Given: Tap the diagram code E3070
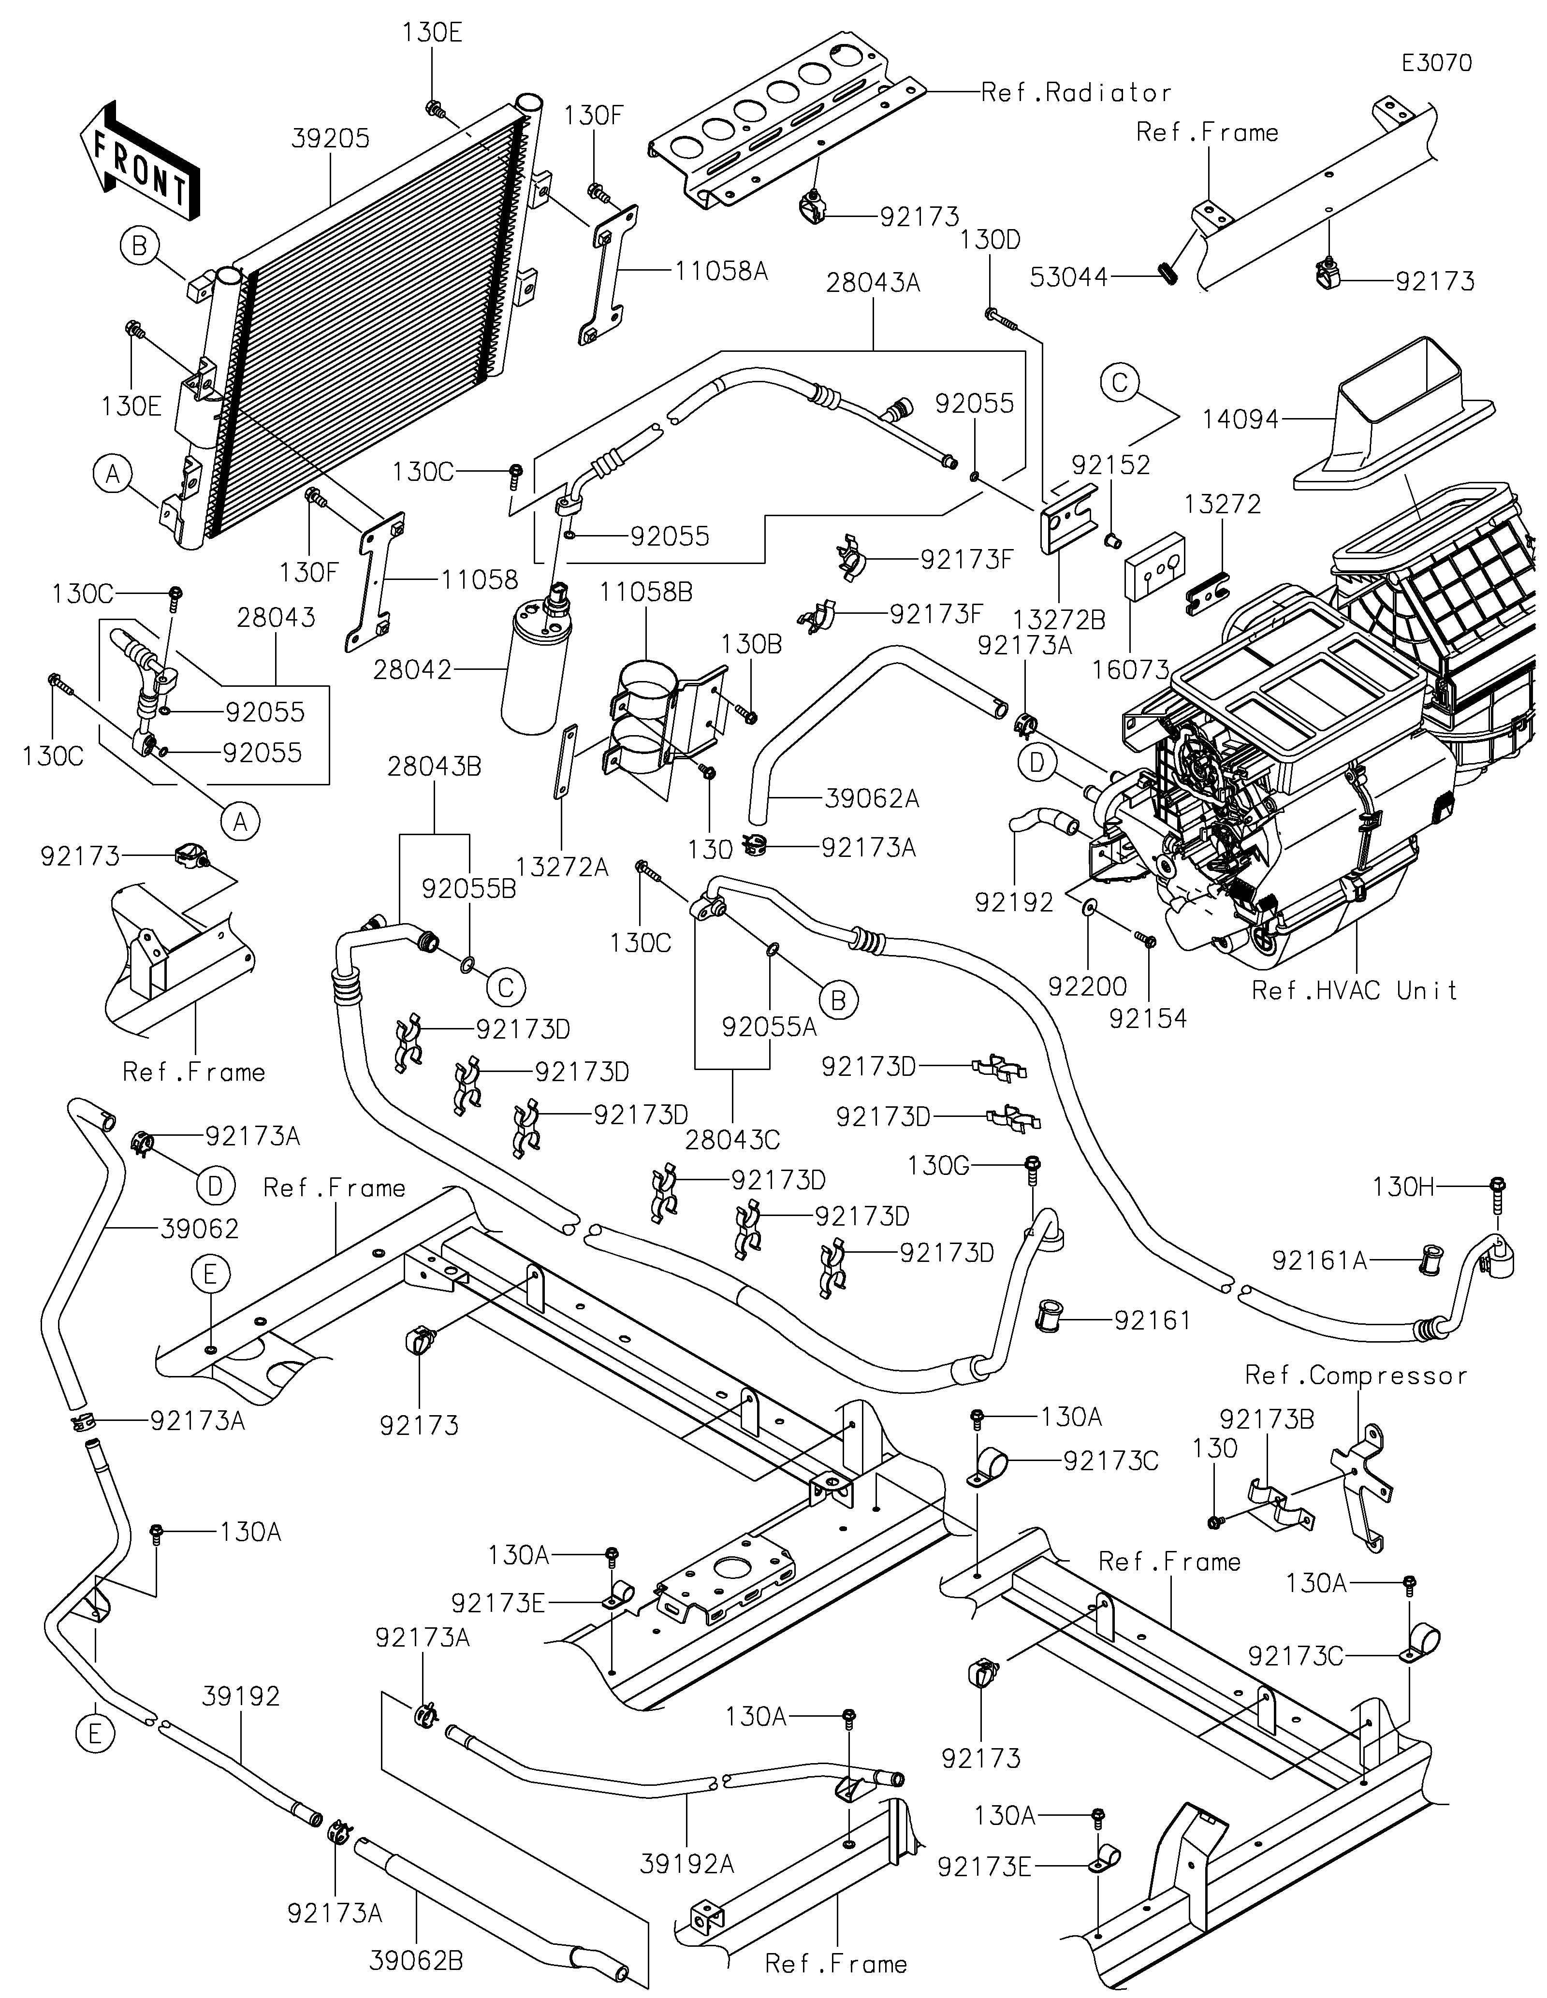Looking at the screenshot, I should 1436,63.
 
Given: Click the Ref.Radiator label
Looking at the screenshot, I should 1075,92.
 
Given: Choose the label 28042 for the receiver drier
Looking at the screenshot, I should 412,670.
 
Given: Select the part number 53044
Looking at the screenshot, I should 1069,277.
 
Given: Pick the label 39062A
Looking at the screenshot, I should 871,798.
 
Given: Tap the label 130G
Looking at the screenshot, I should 938,1166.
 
